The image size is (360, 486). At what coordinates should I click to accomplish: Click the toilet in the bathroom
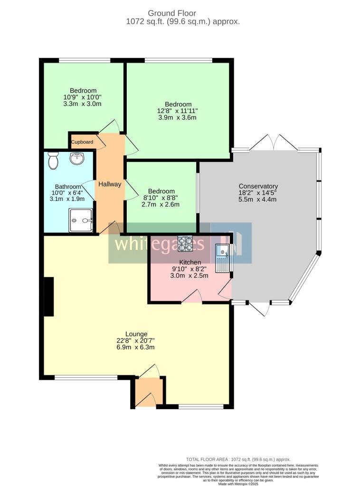(53, 160)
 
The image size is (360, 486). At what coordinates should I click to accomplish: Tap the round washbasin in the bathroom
(76, 159)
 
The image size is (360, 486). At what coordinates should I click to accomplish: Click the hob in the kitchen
(185, 243)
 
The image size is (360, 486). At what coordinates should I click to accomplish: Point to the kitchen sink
(222, 258)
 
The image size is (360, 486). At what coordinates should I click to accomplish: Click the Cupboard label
(82, 142)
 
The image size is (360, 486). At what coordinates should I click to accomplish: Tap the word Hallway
(110, 184)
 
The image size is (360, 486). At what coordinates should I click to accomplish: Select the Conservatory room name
(258, 186)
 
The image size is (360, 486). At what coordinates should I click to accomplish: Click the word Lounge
(136, 334)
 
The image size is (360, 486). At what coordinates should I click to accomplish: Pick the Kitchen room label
(190, 262)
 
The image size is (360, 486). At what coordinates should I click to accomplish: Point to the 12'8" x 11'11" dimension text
(178, 111)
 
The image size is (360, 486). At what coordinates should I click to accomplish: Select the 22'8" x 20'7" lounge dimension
(136, 340)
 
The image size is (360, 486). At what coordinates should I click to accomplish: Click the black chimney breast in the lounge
(48, 297)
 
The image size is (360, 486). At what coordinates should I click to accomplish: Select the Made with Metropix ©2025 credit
(238, 484)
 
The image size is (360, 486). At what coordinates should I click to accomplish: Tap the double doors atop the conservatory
(273, 142)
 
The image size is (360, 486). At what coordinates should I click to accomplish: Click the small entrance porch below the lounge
(146, 392)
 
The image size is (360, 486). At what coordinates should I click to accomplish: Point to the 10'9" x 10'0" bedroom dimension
(83, 97)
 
